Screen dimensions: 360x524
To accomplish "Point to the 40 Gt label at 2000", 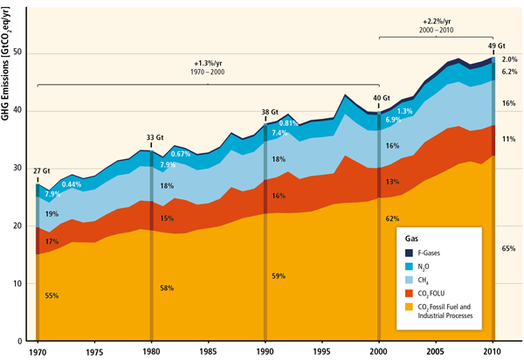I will (382, 99).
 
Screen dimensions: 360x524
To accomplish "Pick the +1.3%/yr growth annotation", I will (209, 63).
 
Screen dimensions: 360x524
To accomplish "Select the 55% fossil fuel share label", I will (51, 296).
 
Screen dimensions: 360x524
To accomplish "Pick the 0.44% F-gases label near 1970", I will (72, 184).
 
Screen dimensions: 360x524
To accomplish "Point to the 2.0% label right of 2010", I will (511, 59).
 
